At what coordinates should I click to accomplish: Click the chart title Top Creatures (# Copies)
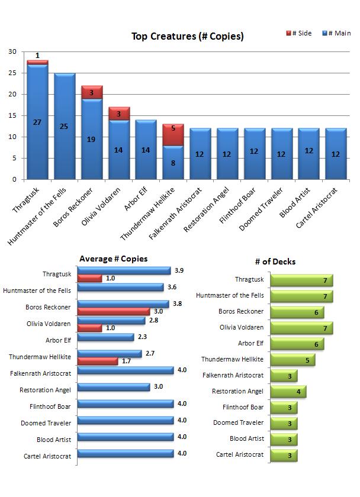point(187,37)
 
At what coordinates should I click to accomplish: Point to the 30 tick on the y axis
point(12,51)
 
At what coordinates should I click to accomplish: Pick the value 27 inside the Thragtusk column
point(37,139)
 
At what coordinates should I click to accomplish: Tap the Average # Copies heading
point(113,259)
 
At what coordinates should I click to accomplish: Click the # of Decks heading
point(275,262)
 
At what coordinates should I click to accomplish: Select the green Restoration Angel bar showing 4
point(288,392)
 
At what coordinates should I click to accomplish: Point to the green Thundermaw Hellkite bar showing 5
point(292,360)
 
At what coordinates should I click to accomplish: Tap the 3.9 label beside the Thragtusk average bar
point(180,270)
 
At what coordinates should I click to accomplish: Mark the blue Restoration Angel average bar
point(113,387)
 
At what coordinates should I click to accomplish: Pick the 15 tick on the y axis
point(12,115)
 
